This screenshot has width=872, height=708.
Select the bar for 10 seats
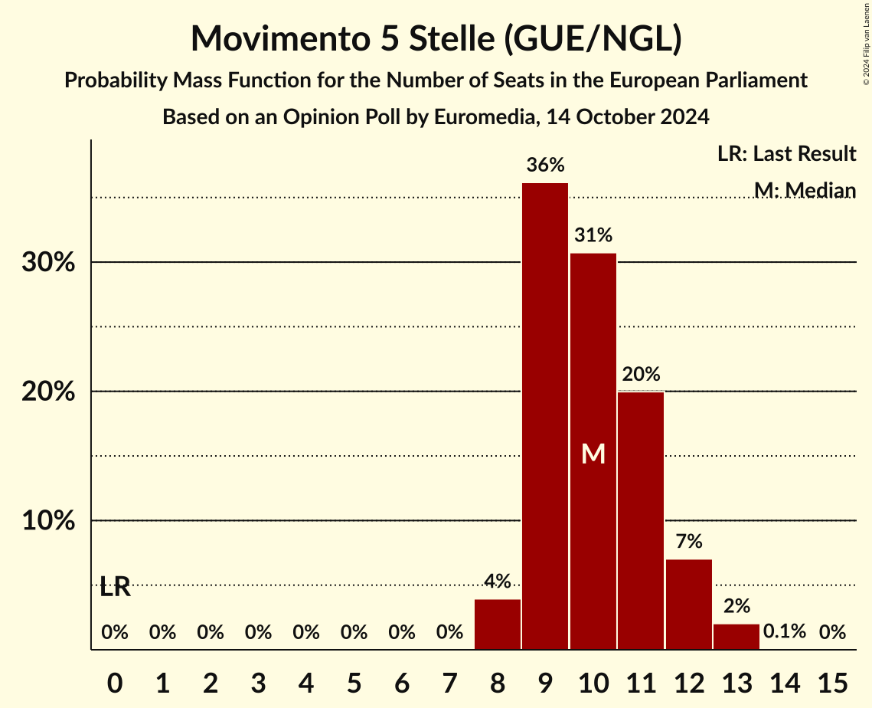coord(593,451)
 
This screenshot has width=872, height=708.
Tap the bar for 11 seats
coord(641,520)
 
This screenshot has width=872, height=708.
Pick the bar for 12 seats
coord(689,605)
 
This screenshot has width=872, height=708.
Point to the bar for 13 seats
coord(736,637)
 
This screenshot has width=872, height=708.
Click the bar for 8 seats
coord(498,624)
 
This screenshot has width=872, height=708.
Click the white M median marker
coord(593,454)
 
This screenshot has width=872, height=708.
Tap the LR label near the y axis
coord(116,588)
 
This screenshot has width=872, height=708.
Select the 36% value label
coord(545,165)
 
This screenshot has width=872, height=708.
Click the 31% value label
coord(593,235)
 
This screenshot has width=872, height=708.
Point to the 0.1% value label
coord(785,632)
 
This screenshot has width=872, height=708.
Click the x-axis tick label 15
coord(832,681)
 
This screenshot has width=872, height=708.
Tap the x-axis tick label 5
coord(354,681)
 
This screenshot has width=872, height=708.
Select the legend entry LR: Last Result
coord(786,154)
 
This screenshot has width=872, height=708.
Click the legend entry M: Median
coord(804,190)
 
